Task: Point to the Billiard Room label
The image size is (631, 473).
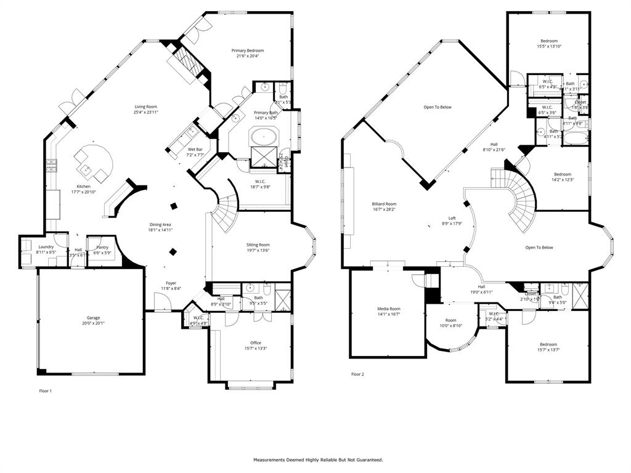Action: [x=384, y=204]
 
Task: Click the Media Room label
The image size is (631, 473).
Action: [x=389, y=309]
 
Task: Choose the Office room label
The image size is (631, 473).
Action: [x=255, y=343]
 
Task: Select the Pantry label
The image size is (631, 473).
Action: [x=102, y=246]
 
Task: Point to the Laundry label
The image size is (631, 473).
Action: [x=46, y=246]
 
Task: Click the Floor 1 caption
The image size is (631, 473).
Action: [x=46, y=390]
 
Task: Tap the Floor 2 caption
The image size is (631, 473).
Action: [x=357, y=374]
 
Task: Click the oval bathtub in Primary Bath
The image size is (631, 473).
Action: [x=264, y=135]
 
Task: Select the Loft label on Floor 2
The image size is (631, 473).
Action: [x=452, y=218]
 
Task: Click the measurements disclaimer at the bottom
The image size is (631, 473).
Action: [x=318, y=459]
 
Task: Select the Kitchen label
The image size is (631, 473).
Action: [x=83, y=187]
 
